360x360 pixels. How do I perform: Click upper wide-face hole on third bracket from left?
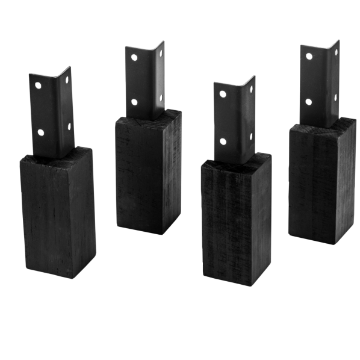(x=223, y=95)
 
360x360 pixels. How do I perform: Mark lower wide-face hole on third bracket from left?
(x=224, y=142)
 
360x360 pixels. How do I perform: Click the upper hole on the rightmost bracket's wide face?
(x=309, y=57)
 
